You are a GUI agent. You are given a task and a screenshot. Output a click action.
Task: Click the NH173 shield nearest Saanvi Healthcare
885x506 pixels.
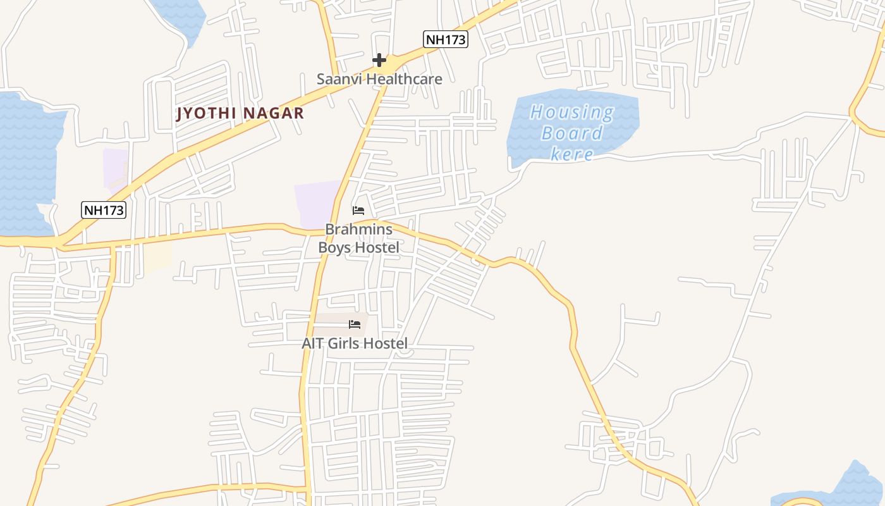tap(445, 39)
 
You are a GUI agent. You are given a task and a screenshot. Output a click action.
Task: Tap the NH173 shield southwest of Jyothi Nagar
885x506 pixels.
tap(104, 210)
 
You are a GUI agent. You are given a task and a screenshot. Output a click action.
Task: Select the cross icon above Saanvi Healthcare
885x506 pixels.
tap(379, 60)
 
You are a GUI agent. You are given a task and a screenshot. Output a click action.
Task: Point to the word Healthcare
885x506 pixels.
tap(404, 79)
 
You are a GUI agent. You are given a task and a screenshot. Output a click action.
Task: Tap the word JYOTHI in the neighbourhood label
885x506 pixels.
tap(205, 113)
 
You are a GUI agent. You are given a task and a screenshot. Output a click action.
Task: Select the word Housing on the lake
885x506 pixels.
tap(571, 113)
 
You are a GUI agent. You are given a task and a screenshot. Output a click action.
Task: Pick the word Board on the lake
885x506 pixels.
tap(571, 133)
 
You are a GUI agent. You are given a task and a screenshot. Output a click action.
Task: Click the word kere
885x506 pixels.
tap(571, 154)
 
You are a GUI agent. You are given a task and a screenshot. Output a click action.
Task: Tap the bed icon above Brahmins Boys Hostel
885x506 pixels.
tap(358, 210)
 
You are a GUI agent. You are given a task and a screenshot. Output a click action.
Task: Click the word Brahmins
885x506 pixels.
tap(358, 229)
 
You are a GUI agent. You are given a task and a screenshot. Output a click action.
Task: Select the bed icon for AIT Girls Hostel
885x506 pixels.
tap(355, 324)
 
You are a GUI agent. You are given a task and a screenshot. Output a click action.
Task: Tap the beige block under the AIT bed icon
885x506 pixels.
tap(335, 324)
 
